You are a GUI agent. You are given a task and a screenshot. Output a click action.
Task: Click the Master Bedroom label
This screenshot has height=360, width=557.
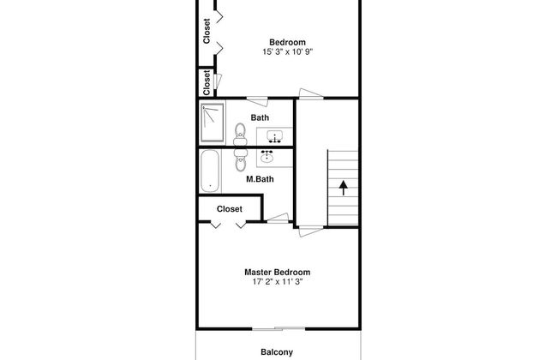(277, 273)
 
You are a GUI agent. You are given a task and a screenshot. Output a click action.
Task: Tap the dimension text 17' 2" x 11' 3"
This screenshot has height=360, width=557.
(278, 282)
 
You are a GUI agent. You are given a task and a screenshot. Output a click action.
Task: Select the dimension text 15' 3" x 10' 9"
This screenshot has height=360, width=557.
(287, 52)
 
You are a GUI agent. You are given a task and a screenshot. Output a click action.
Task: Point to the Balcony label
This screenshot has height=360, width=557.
(277, 352)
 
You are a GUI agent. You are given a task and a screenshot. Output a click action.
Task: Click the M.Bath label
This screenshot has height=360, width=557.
(260, 179)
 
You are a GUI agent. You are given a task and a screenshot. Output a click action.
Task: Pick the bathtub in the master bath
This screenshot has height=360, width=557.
(210, 171)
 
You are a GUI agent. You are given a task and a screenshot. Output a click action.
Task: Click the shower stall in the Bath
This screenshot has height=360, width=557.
(213, 123)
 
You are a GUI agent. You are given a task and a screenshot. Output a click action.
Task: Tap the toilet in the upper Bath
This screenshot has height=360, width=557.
(240, 134)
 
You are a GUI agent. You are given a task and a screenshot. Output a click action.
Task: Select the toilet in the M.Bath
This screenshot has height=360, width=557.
(241, 159)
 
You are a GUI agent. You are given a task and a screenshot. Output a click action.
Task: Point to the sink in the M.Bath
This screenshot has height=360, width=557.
(267, 157)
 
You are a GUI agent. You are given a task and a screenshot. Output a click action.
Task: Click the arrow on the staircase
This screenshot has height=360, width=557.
(343, 188)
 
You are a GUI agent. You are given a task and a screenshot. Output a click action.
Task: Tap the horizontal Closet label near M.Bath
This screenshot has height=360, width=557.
(230, 209)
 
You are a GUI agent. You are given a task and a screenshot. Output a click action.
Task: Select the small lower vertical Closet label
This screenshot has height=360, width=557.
(207, 83)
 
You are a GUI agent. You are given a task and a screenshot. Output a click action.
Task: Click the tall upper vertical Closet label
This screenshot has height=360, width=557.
(207, 31)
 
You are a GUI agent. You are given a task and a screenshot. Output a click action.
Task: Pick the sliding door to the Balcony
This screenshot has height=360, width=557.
(278, 329)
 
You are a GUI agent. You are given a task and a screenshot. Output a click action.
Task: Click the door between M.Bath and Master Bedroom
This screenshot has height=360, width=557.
(278, 219)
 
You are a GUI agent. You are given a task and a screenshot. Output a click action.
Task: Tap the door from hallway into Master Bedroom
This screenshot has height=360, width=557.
(311, 231)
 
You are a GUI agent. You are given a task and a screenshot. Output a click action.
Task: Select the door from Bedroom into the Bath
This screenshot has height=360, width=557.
(257, 101)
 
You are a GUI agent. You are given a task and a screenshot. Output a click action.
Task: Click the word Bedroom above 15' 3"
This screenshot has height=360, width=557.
(287, 42)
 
